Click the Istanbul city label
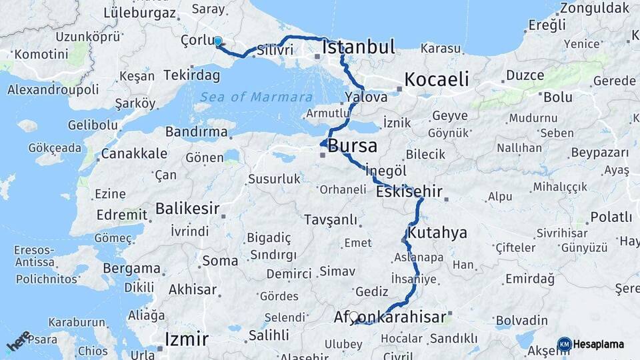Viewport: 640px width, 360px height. (359, 47)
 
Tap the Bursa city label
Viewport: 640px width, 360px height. (352, 146)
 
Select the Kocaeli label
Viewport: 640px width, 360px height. (437, 79)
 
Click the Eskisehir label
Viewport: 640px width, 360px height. (409, 192)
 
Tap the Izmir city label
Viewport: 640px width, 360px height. (186, 339)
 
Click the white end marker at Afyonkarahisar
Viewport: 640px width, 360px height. (354, 317)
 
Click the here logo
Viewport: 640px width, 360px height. (18, 341)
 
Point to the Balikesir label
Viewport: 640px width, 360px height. (187, 209)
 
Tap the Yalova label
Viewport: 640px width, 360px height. (366, 97)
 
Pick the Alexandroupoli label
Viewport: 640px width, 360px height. (53, 89)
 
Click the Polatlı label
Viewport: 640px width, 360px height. (611, 217)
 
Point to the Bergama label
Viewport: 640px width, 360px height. (132, 269)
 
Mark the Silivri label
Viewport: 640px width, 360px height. (275, 49)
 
